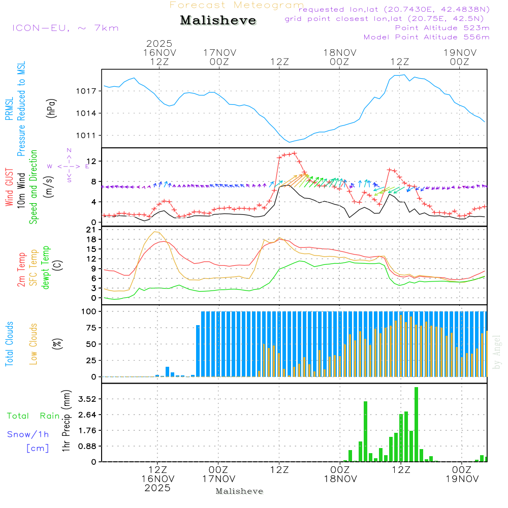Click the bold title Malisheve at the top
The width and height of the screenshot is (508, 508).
click(x=218, y=20)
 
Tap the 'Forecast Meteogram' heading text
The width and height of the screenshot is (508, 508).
click(x=237, y=6)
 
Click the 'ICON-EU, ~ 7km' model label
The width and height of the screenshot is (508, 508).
click(x=66, y=28)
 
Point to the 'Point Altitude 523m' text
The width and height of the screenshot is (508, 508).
click(x=442, y=28)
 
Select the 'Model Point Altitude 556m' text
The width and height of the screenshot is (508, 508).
click(x=427, y=37)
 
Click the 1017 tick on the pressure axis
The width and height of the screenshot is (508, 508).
click(x=86, y=91)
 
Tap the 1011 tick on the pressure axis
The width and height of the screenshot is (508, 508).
click(x=86, y=136)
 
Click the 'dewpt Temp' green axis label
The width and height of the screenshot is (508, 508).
click(x=46, y=268)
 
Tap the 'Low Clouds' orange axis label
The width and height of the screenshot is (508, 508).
click(x=34, y=344)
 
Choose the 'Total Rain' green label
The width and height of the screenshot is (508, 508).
click(x=34, y=416)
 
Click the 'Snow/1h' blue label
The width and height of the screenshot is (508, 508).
click(x=28, y=434)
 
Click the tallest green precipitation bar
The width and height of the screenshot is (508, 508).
click(x=416, y=424)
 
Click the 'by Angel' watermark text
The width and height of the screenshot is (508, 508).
click(x=497, y=352)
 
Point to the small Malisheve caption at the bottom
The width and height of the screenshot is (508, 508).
click(x=240, y=491)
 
